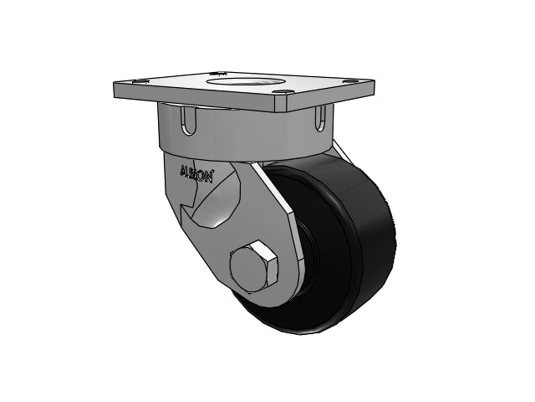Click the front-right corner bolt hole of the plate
coord(288,93)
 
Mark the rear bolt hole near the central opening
coord(217,74)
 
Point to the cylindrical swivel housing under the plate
coord(251,134)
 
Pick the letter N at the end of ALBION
coord(210,176)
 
